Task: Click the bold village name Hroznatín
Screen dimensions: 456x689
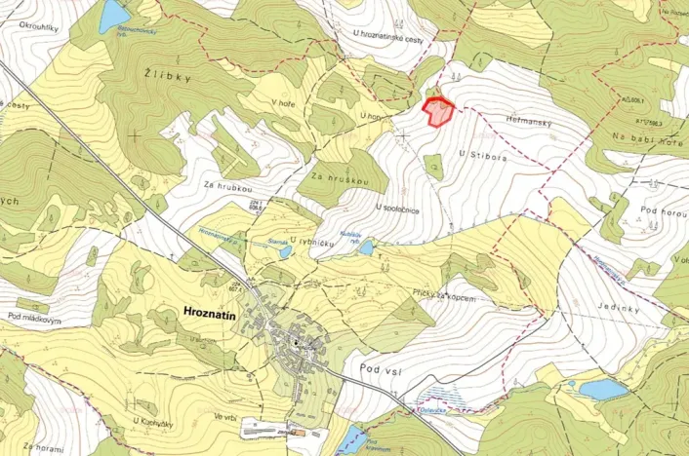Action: tap(216, 312)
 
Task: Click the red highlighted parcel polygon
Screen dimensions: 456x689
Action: tap(438, 112)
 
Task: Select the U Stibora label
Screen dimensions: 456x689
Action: tap(478, 153)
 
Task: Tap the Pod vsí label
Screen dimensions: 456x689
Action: tap(382, 369)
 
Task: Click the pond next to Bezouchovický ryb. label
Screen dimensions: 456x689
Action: tap(114, 16)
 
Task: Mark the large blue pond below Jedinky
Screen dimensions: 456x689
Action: tap(602, 390)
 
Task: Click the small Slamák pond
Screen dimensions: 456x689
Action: tap(284, 251)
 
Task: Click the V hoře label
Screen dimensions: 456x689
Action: tap(283, 101)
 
